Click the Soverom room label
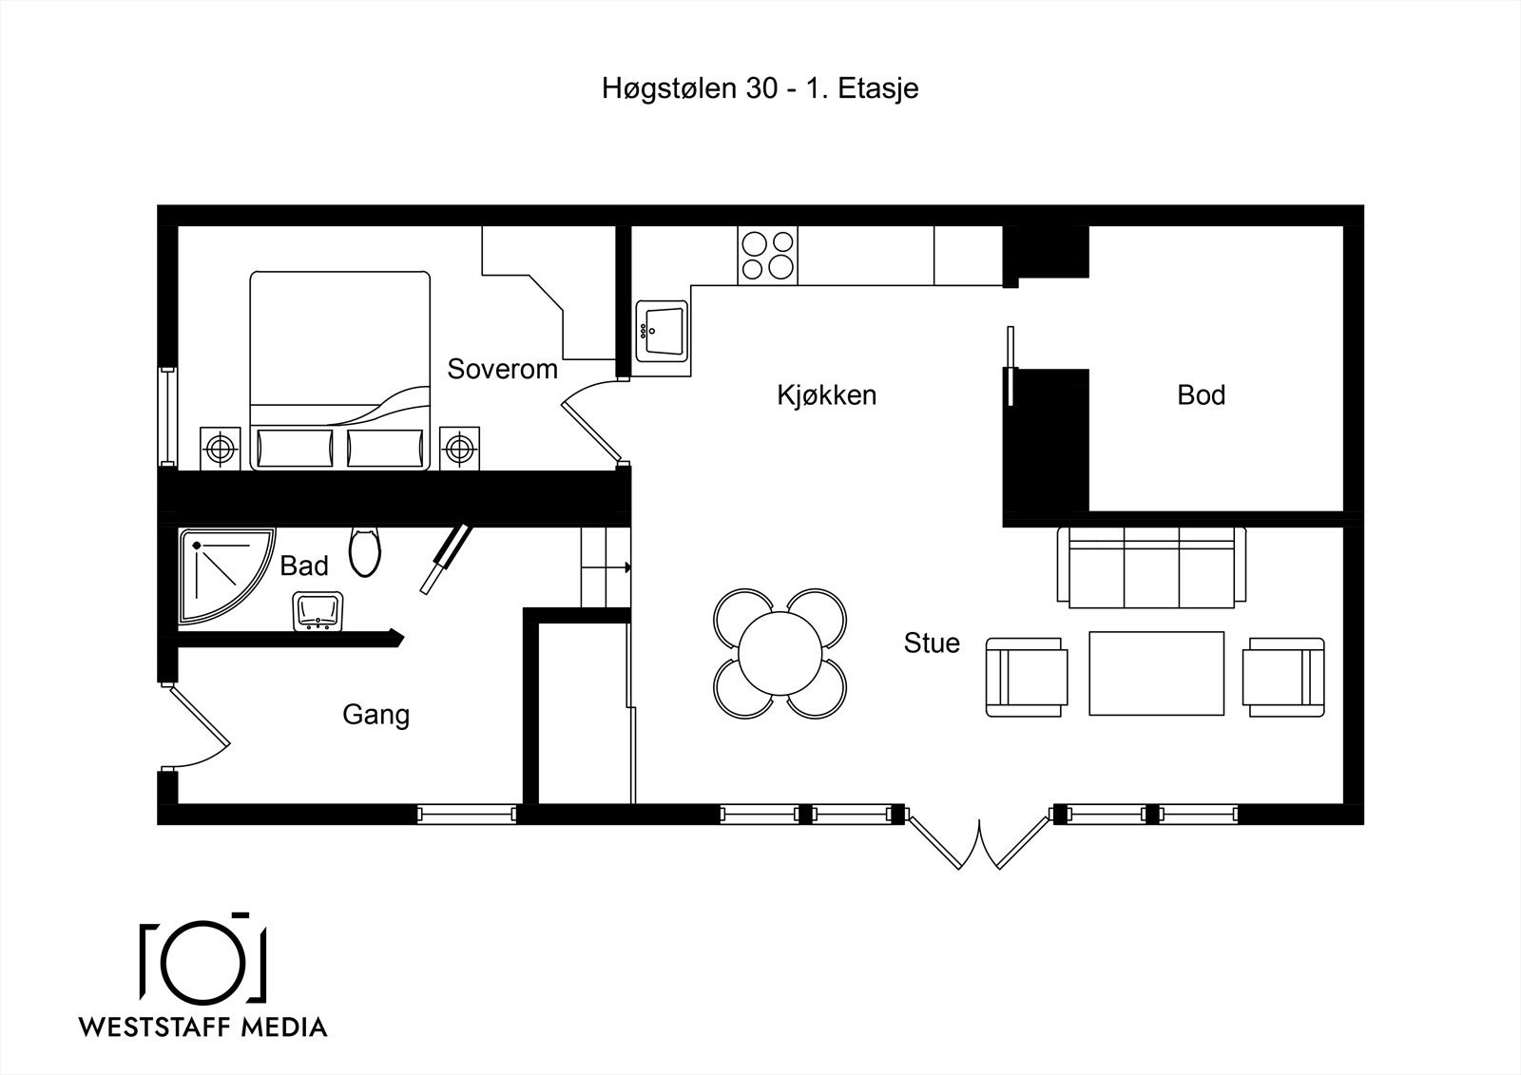[x=503, y=369]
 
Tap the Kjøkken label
[x=826, y=394]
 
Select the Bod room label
[x=1202, y=394]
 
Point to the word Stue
[x=932, y=643]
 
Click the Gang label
[x=376, y=715]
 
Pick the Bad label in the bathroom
[x=304, y=566]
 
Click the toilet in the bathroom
[x=365, y=552]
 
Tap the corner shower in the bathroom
[x=227, y=576]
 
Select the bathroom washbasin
[x=318, y=611]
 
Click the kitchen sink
[x=662, y=332]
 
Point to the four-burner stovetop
[x=767, y=256]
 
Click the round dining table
[x=780, y=654]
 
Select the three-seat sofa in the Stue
[x=1151, y=567]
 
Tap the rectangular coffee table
[x=1156, y=673]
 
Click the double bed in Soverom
[x=340, y=371]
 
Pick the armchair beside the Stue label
[x=1027, y=677]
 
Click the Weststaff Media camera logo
[x=203, y=959]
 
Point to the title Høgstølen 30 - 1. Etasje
[x=760, y=89]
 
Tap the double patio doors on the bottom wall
[x=979, y=842]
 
